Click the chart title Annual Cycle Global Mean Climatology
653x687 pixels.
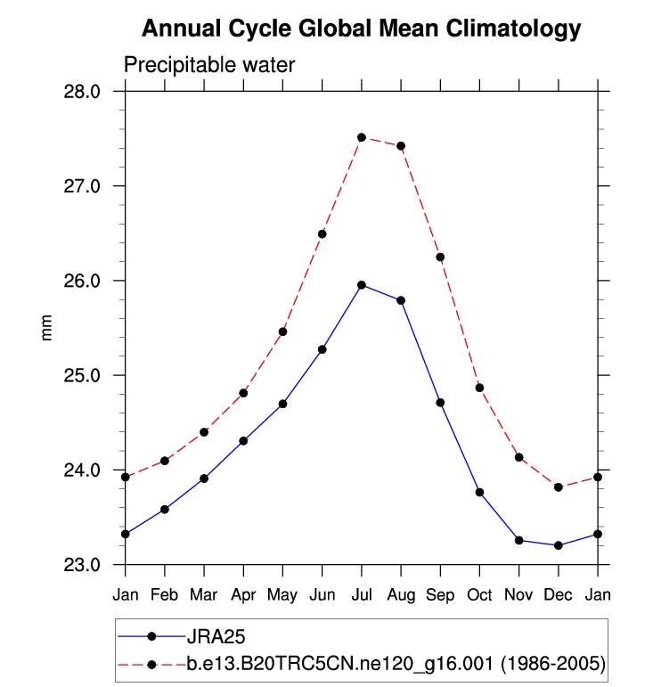click(x=362, y=29)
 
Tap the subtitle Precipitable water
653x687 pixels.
click(x=208, y=65)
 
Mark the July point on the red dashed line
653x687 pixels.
click(x=362, y=137)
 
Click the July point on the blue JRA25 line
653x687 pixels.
click(x=362, y=285)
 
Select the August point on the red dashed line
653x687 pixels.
click(x=401, y=146)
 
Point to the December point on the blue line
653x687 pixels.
click(x=559, y=545)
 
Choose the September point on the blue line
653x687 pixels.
click(x=440, y=403)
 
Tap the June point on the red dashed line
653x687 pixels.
click(x=322, y=234)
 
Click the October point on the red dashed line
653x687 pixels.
click(x=479, y=388)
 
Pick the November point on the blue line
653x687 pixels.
click(x=519, y=540)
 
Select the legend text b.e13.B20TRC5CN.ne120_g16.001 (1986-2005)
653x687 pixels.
click(x=396, y=664)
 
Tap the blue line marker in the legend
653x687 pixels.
click(x=151, y=637)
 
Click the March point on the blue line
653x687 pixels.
click(x=204, y=478)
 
